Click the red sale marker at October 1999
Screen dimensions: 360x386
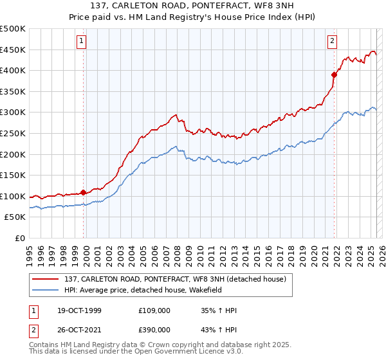coord(84,192)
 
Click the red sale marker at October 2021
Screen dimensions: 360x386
coord(334,75)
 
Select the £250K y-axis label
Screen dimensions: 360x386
coord(13,133)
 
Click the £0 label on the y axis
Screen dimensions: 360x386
coord(19,238)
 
